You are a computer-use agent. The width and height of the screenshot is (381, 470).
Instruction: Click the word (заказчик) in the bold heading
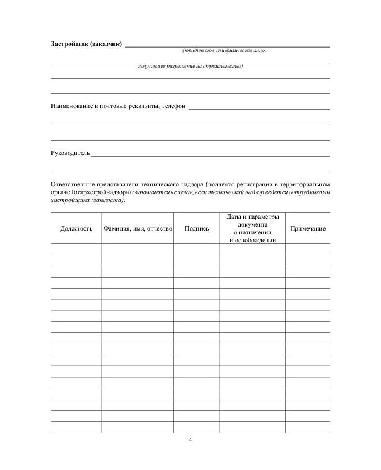coord(106,44)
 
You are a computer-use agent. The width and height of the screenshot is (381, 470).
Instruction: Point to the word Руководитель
coord(70,153)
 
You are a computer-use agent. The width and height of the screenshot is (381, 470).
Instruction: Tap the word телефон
coord(173,106)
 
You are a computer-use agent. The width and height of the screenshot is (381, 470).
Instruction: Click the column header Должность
coord(76,228)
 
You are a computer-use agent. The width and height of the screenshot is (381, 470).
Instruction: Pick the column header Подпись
coord(196,228)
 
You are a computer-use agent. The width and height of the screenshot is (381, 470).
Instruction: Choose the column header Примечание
coord(308,228)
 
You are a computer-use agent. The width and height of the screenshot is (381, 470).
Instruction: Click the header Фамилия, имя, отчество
coord(137,228)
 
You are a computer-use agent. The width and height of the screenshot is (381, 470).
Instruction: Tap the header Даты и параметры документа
coord(252,220)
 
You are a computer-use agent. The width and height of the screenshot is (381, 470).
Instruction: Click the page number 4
coord(190,440)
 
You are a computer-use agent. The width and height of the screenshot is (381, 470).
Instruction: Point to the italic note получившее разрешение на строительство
coord(190,67)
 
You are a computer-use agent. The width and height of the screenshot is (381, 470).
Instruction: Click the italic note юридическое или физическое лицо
coord(224,51)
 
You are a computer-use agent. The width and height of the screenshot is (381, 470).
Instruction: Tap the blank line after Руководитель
coord(210,155)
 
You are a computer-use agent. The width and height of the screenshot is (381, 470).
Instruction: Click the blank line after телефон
coord(258,108)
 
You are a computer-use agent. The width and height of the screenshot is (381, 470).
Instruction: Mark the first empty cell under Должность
coord(76,250)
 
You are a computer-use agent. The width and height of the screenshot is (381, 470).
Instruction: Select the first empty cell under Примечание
coord(308,250)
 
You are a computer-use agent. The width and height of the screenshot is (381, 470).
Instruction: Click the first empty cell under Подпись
coord(196,250)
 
